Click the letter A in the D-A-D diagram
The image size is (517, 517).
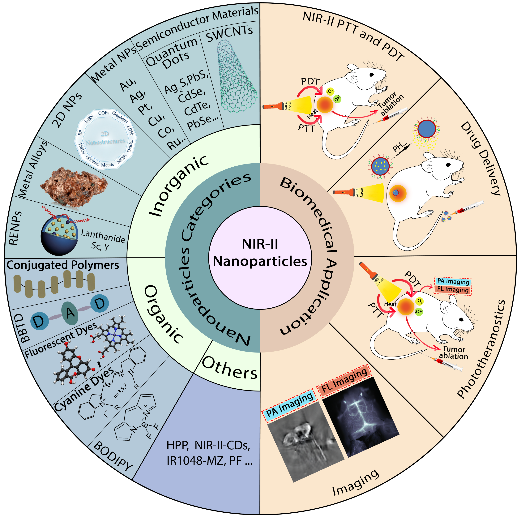click(x=70, y=313)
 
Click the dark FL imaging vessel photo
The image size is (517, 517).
click(x=360, y=417)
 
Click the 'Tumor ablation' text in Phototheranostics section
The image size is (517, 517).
click(x=453, y=353)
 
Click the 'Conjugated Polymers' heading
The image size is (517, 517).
click(x=63, y=265)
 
